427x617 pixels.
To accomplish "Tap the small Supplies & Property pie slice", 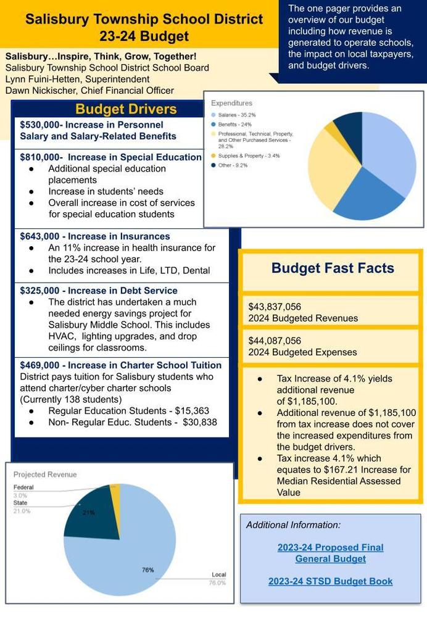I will [x=331, y=130].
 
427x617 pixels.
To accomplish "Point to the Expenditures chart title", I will [x=231, y=103].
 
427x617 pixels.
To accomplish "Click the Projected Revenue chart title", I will [x=45, y=474].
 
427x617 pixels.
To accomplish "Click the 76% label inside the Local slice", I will [x=148, y=569].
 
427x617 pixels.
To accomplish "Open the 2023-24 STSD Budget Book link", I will [x=330, y=581].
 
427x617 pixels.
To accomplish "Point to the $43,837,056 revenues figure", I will [x=275, y=307].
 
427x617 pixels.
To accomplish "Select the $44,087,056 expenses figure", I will [x=275, y=341].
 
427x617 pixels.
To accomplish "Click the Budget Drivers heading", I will [x=126, y=110].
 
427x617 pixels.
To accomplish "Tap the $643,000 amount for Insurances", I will [x=40, y=236].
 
